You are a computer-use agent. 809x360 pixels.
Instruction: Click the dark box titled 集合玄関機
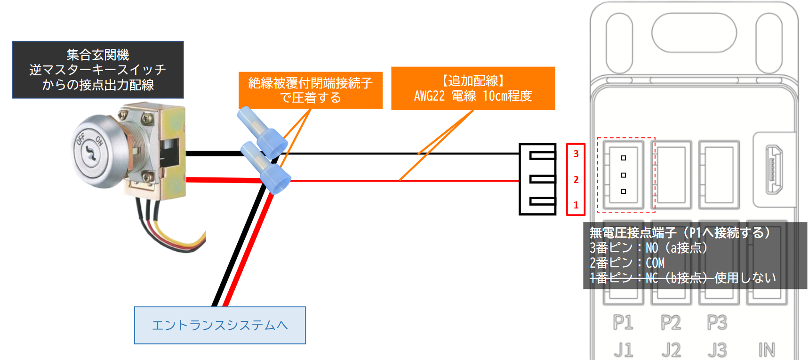(x=98, y=70)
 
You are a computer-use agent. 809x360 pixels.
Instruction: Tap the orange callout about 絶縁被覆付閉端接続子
(x=311, y=90)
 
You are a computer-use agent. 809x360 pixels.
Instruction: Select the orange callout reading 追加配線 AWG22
(x=473, y=88)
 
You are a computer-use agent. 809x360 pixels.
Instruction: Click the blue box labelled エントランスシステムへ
(x=220, y=325)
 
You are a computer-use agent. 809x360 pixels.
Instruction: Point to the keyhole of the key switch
(x=88, y=152)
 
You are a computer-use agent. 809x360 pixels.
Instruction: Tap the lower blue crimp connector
(x=266, y=168)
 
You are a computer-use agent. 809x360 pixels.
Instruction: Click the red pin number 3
(x=576, y=154)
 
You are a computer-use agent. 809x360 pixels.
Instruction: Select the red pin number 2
(x=576, y=180)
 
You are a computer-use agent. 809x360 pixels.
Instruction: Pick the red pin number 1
(x=576, y=205)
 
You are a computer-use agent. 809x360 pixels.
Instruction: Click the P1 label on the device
(x=623, y=322)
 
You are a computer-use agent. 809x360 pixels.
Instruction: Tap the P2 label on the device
(x=671, y=322)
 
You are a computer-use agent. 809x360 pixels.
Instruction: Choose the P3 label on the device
(x=717, y=322)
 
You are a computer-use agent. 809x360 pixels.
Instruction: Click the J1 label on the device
(x=623, y=350)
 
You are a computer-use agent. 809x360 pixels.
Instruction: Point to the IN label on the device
(x=767, y=350)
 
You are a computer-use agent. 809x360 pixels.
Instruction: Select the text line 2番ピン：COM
(x=627, y=263)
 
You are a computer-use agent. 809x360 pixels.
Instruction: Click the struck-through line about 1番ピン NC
(x=683, y=278)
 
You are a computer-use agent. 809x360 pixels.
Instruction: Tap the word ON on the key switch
(x=99, y=140)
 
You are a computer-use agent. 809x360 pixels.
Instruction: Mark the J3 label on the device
(x=717, y=350)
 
